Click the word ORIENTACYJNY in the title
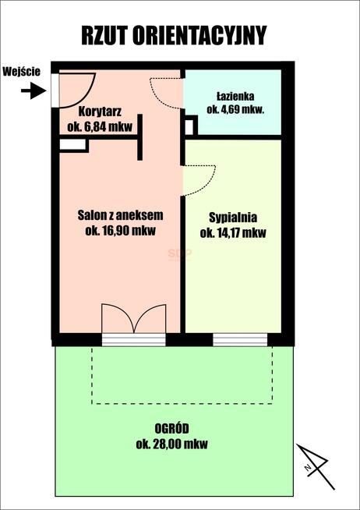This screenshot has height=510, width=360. [199, 35]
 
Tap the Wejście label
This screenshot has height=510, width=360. [22, 72]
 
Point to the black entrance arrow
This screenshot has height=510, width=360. [34, 90]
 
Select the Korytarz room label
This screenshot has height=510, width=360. [100, 112]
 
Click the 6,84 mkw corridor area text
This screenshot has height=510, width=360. [100, 126]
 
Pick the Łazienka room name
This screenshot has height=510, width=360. [235, 97]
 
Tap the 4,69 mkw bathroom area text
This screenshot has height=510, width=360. [235, 109]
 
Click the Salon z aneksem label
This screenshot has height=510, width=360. [120, 215]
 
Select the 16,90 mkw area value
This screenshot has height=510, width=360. [120, 230]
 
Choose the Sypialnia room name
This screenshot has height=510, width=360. [233, 218]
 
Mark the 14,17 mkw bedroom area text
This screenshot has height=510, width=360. [233, 233]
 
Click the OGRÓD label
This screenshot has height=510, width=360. [171, 429]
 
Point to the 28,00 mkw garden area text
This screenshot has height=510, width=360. [172, 444]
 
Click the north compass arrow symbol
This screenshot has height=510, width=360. [316, 466]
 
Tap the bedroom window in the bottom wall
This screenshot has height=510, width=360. [240, 339]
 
